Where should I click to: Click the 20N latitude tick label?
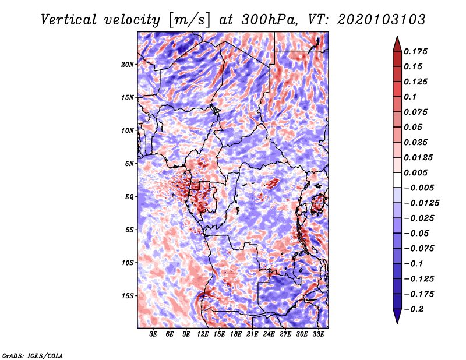point(128,65)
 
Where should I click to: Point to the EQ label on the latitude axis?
point(129,197)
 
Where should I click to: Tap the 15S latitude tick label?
point(128,296)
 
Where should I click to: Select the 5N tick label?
point(129,164)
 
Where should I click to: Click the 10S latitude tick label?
point(128,263)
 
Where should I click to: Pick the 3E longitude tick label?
point(153,334)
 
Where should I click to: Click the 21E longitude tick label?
point(252,334)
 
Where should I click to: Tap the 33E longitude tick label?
point(318,334)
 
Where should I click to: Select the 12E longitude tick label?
point(203,334)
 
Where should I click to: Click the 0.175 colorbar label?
point(415,51)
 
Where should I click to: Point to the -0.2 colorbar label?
point(414,309)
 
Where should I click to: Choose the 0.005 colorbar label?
point(415,172)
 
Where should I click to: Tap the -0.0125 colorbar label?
point(421,203)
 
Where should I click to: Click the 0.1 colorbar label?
point(410,97)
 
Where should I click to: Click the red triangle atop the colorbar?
point(397,44)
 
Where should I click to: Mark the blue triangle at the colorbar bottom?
point(397,316)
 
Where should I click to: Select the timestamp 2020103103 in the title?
point(382,20)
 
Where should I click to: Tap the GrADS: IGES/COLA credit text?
point(33,356)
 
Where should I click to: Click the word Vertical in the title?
point(69,20)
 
